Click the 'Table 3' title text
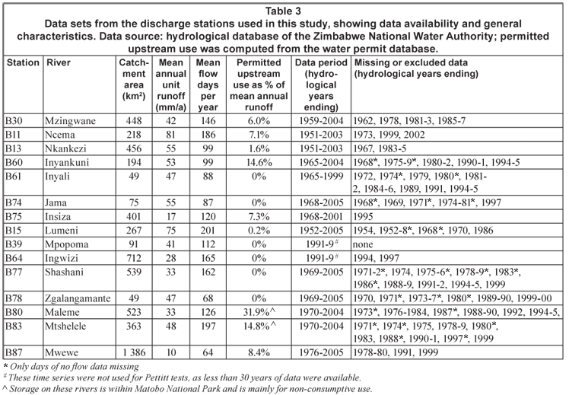(x=284, y=10)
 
